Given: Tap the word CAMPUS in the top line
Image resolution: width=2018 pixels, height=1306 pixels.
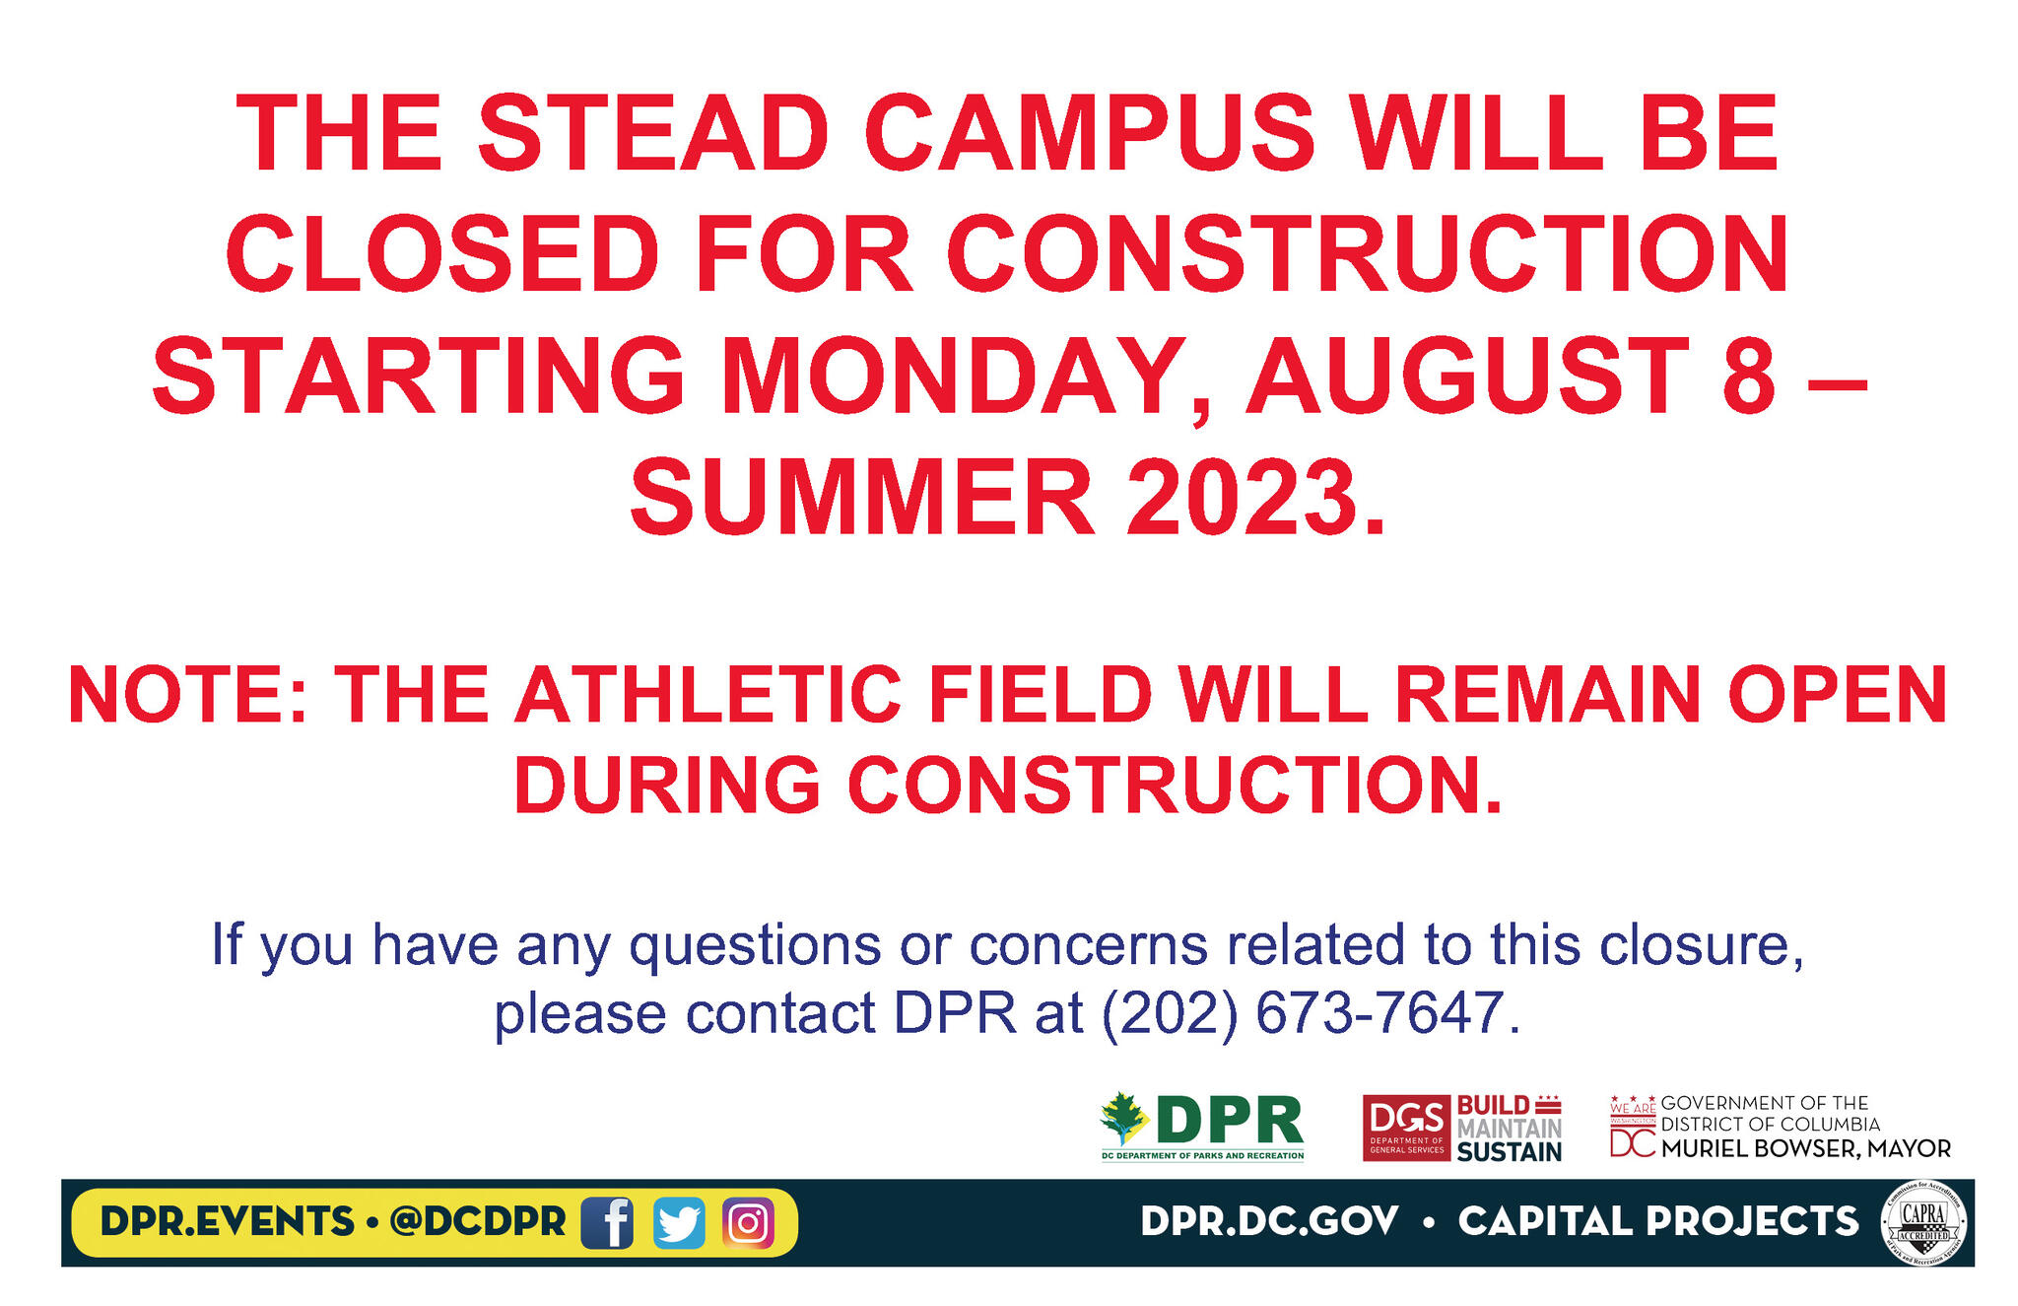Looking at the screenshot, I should [1090, 134].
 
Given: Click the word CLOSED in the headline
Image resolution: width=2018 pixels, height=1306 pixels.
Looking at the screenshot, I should [442, 254].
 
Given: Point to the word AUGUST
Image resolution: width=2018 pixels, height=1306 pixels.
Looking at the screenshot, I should [1468, 377].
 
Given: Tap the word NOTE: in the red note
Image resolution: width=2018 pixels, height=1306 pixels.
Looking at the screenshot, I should [188, 695].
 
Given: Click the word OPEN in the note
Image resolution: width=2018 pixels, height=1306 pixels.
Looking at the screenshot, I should [1837, 695].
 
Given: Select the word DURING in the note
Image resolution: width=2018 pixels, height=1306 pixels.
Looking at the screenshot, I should [667, 786].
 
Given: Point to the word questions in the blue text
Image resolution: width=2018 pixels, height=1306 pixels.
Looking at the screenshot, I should [755, 944].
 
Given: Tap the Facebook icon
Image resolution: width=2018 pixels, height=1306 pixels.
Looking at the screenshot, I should [607, 1223].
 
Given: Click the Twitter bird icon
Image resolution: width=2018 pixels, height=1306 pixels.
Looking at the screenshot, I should [679, 1223].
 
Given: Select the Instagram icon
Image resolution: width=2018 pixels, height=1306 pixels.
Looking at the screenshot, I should [748, 1223].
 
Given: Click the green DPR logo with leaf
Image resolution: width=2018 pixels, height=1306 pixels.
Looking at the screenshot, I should [1202, 1127].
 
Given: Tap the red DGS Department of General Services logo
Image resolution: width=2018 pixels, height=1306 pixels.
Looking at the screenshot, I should [1406, 1128].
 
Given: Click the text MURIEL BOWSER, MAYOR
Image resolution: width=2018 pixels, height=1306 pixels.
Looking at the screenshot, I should [1805, 1149].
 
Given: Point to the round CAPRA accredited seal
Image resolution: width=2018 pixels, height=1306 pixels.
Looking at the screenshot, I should [1923, 1223].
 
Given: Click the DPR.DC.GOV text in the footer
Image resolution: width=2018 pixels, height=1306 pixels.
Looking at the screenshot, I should [1269, 1222].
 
